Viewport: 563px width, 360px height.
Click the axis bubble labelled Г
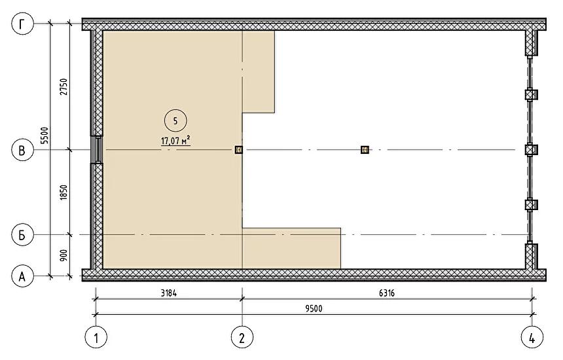coord(23,24)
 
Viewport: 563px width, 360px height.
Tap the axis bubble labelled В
coord(23,150)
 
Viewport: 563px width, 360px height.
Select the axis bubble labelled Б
coord(23,235)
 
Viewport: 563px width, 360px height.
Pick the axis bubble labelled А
coord(23,276)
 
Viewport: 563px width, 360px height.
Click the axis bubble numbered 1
coord(96,337)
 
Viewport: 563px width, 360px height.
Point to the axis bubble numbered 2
coord(242,337)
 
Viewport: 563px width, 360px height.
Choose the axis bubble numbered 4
coord(532,337)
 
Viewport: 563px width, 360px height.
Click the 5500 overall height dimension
coord(45,135)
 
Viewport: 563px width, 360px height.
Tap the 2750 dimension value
coord(64,86)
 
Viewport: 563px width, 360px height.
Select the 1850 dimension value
coord(64,192)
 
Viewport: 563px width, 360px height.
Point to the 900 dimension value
coord(64,255)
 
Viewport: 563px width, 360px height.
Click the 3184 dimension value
coord(169,293)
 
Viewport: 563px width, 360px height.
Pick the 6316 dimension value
coord(387,293)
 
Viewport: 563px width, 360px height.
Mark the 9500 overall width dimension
coord(314,309)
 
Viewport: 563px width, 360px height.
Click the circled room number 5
coord(175,121)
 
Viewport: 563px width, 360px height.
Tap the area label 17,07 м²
coord(175,140)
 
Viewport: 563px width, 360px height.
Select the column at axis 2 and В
coord(239,150)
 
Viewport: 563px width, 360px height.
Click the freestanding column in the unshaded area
coord(365,150)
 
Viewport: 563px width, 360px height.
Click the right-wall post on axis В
coord(532,150)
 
